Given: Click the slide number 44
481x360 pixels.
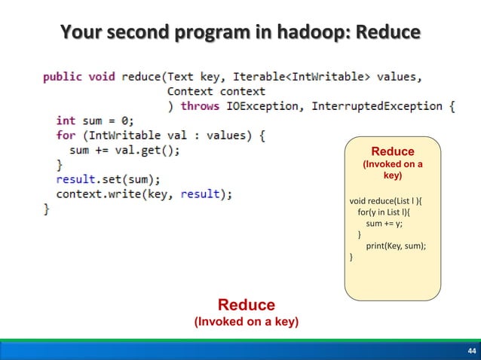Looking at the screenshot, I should coord(471,352).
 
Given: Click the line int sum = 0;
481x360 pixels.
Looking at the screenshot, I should coord(94,121).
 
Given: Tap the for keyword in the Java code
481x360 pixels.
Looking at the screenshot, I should coord(66,136).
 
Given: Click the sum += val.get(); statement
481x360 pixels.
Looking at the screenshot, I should coord(124,150).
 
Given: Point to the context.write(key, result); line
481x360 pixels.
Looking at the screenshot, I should coord(144,194).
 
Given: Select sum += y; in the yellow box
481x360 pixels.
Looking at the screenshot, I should coord(385,224).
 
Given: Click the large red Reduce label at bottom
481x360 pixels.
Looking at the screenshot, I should coord(247,305).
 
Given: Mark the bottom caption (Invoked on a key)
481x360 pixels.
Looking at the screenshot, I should coord(247,322).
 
